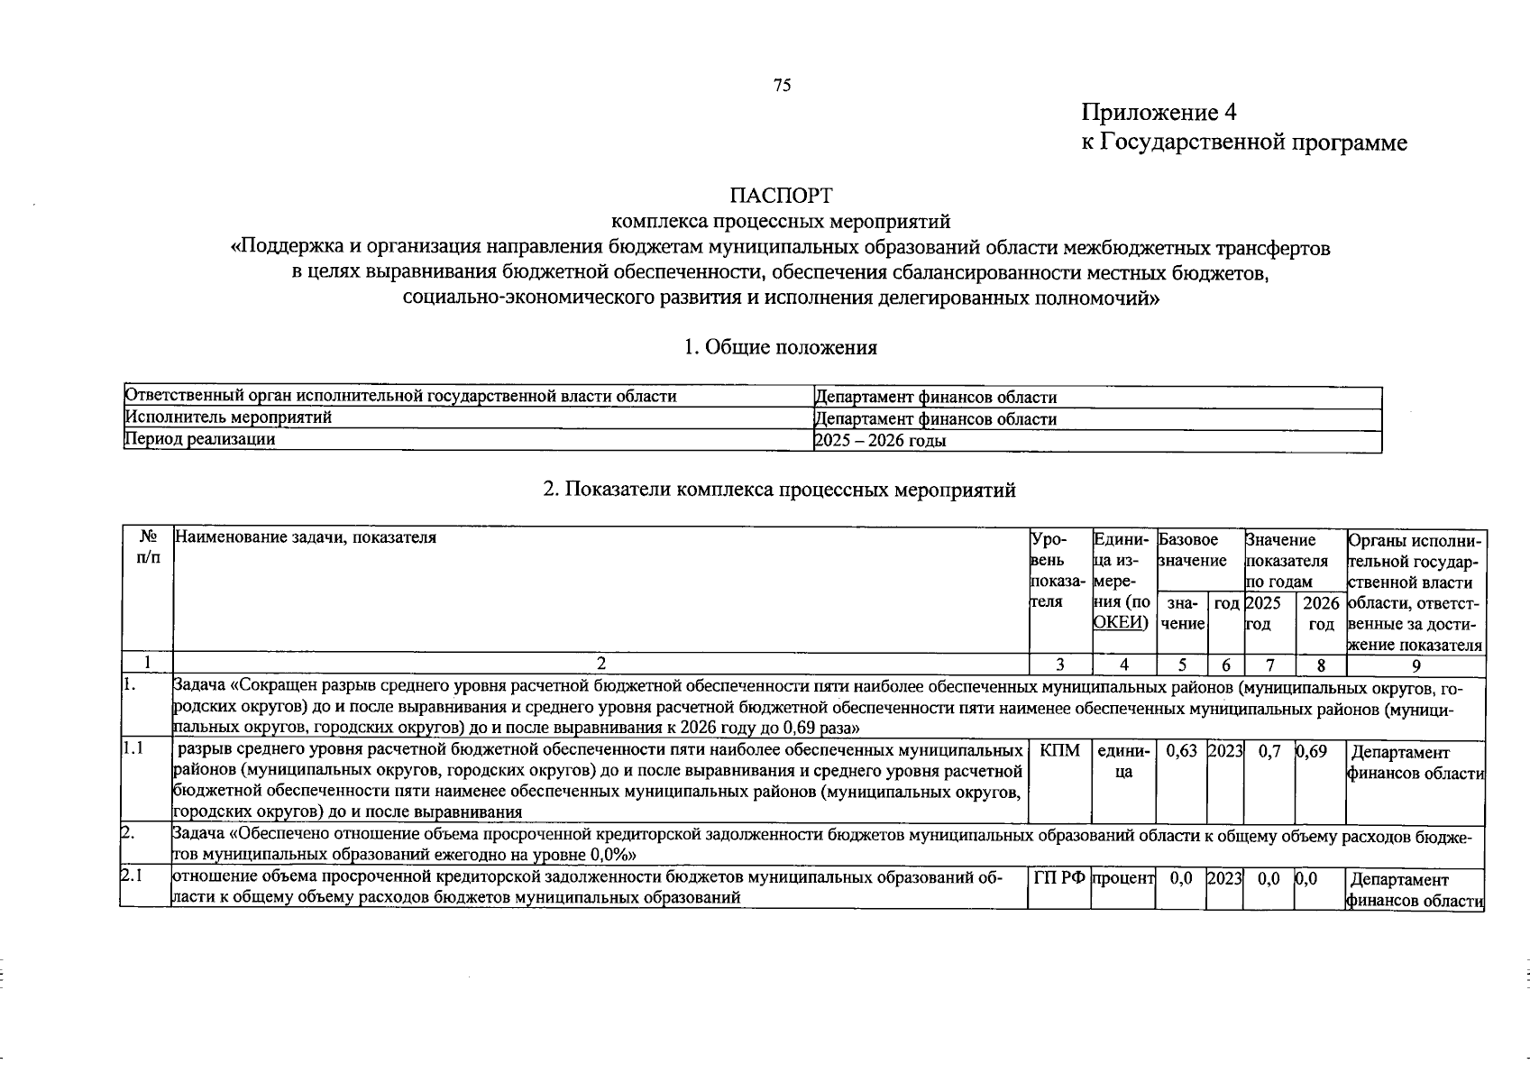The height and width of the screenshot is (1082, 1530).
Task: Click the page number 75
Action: pyautogui.click(x=782, y=86)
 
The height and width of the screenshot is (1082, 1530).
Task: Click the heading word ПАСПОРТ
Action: pyautogui.click(x=781, y=196)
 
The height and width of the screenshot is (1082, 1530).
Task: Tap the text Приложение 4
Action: pyautogui.click(x=1159, y=113)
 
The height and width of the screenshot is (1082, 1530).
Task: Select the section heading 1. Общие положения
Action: pyautogui.click(x=780, y=347)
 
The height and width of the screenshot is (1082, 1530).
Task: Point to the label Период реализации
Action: pyautogui.click(x=200, y=439)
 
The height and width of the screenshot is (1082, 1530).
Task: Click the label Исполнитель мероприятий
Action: pyautogui.click(x=228, y=417)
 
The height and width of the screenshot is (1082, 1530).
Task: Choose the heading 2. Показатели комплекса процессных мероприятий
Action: pyautogui.click(x=780, y=490)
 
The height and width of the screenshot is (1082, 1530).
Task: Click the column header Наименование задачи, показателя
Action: pyautogui.click(x=305, y=538)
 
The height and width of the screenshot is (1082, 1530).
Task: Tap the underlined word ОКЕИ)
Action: pyautogui.click(x=1120, y=622)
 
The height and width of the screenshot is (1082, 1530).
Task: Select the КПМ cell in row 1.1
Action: pyautogui.click(x=1059, y=751)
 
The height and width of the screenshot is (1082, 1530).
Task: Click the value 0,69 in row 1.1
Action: pyautogui.click(x=1312, y=751)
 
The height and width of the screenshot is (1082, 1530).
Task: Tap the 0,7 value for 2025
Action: pyautogui.click(x=1269, y=751)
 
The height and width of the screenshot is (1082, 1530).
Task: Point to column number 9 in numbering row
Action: pyautogui.click(x=1415, y=665)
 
